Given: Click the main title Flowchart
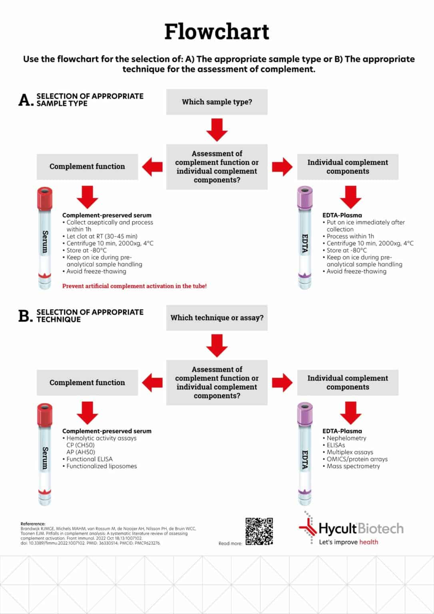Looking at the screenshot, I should click(217, 32).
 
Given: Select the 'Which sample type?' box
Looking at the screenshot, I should click(217, 102).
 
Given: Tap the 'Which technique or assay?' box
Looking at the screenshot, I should click(217, 318).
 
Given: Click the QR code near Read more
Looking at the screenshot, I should click(259, 531).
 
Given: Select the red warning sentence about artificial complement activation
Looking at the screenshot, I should click(134, 286).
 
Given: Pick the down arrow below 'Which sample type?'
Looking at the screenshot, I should click(217, 130).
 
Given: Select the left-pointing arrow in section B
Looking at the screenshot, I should click(152, 383).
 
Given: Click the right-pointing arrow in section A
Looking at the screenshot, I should click(282, 167).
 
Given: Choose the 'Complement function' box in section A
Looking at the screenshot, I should click(87, 167).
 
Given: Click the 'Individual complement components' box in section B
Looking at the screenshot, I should click(348, 383).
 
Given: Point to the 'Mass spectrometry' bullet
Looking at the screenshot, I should click(353, 466).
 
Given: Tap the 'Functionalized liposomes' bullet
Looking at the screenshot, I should click(102, 466).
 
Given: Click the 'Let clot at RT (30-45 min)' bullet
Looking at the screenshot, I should click(102, 236).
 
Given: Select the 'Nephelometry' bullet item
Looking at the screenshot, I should click(346, 438).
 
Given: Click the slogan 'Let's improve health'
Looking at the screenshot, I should click(348, 542).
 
